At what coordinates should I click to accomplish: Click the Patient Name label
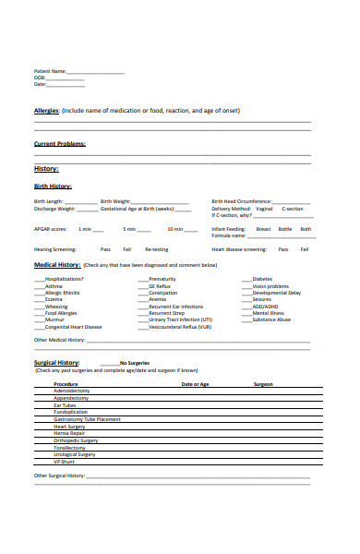click(x=50, y=71)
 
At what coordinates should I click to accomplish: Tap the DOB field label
click(x=41, y=78)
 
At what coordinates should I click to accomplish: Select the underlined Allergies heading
click(x=47, y=110)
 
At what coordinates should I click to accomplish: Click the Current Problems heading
click(x=60, y=144)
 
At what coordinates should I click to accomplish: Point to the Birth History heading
click(x=53, y=186)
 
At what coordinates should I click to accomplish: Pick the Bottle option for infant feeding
click(x=285, y=228)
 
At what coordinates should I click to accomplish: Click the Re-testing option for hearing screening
click(x=157, y=249)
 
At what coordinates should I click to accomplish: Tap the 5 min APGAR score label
click(x=130, y=228)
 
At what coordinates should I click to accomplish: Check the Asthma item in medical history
click(x=54, y=286)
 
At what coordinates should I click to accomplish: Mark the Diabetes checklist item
click(x=262, y=279)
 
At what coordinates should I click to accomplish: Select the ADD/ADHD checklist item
click(x=265, y=306)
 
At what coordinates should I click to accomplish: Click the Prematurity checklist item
click(x=162, y=279)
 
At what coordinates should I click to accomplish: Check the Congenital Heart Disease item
click(x=74, y=326)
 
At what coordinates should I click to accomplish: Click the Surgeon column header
click(x=263, y=383)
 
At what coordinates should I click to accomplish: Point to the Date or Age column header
click(x=195, y=383)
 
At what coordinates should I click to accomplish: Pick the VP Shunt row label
click(x=66, y=461)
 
